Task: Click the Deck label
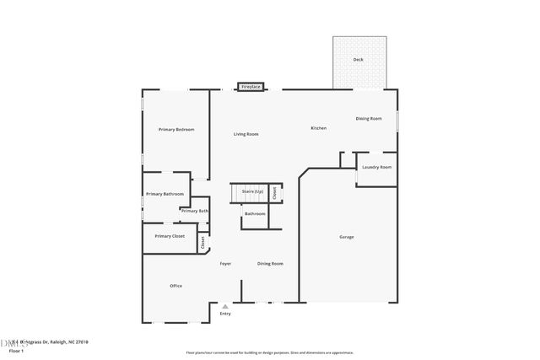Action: point(359,60)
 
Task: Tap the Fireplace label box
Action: point(251,87)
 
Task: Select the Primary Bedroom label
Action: point(176,129)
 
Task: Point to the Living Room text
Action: point(246,134)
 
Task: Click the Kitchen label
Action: point(318,128)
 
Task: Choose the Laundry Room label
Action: point(376,167)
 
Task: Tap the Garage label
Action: point(346,237)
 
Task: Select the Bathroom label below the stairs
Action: point(255,213)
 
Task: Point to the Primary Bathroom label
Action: point(165,194)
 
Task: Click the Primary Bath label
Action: point(194,211)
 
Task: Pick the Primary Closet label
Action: point(169,236)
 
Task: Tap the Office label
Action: point(175,286)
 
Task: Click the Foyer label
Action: point(225,264)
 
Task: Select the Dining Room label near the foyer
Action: point(270,264)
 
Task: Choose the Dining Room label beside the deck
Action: point(368,119)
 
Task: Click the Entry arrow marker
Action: point(224,307)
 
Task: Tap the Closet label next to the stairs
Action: point(274,193)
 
